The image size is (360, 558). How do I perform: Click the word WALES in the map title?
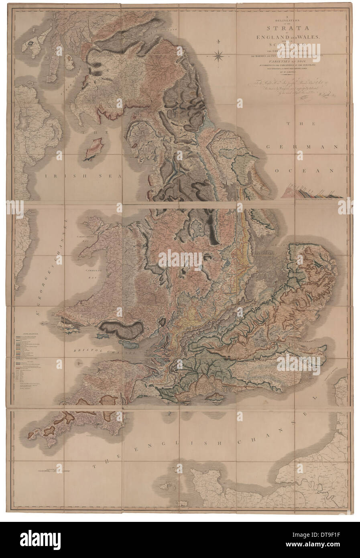click(x=309, y=36)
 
